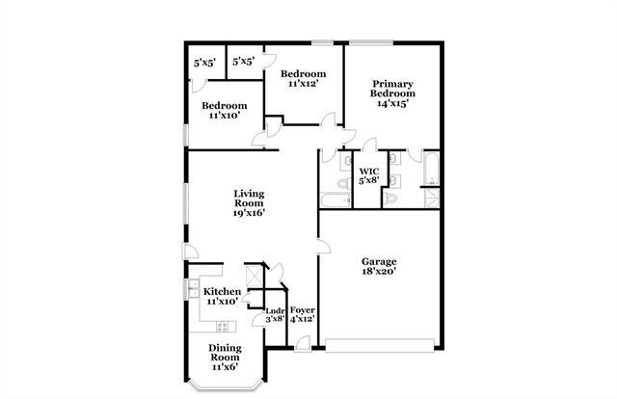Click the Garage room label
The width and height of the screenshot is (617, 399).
click(380, 261)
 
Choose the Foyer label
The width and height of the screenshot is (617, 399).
click(303, 309)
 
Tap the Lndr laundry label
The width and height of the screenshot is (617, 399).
click(275, 309)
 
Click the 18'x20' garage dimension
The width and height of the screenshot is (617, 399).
click(380, 272)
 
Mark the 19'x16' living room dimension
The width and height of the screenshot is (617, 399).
click(249, 213)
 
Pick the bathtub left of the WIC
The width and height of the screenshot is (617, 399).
click(335, 200)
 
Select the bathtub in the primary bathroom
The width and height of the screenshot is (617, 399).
click(430, 173)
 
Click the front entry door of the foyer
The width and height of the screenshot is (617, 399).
click(304, 343)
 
